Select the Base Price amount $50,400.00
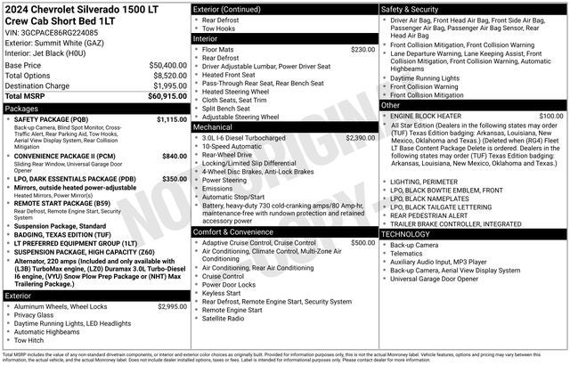[x=167, y=66]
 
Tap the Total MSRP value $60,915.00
[x=167, y=95]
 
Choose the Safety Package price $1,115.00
[x=172, y=119]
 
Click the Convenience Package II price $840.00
[x=174, y=156]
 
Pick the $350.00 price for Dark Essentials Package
[x=174, y=178]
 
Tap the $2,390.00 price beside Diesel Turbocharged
[x=361, y=138]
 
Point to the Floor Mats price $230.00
[x=363, y=50]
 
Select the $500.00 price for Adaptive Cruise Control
[x=363, y=218]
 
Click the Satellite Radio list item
[x=223, y=318]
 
